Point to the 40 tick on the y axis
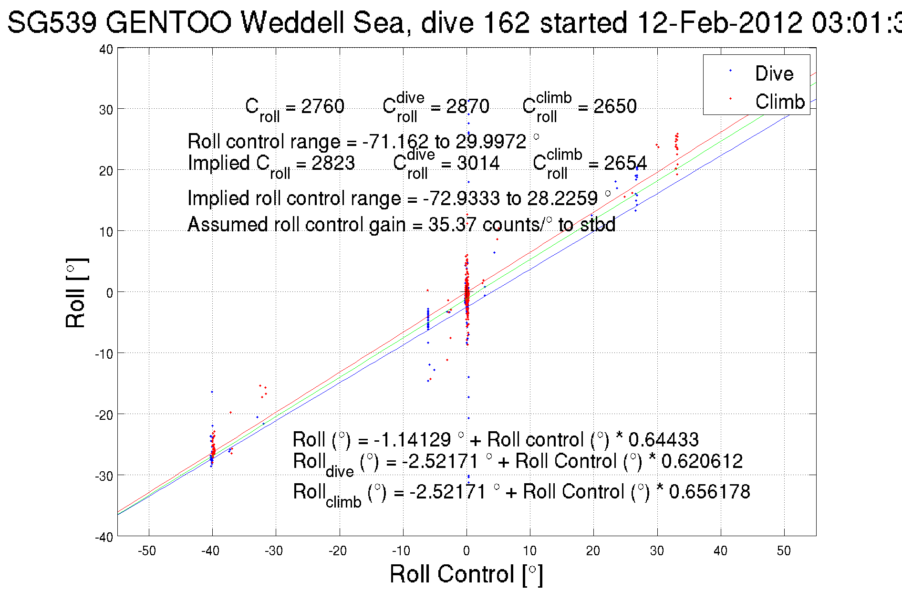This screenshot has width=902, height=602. point(106,50)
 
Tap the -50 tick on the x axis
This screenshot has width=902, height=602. point(146,551)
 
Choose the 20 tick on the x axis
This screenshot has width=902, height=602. point(593,551)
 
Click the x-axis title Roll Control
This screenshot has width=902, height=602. point(466,574)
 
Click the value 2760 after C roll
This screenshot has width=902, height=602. point(322,106)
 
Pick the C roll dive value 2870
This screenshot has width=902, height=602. point(467,106)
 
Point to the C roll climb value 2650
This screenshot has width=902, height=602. point(614,106)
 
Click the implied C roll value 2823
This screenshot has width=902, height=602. point(333,163)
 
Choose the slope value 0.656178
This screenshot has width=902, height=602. point(709,492)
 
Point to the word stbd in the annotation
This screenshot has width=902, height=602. point(598,224)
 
